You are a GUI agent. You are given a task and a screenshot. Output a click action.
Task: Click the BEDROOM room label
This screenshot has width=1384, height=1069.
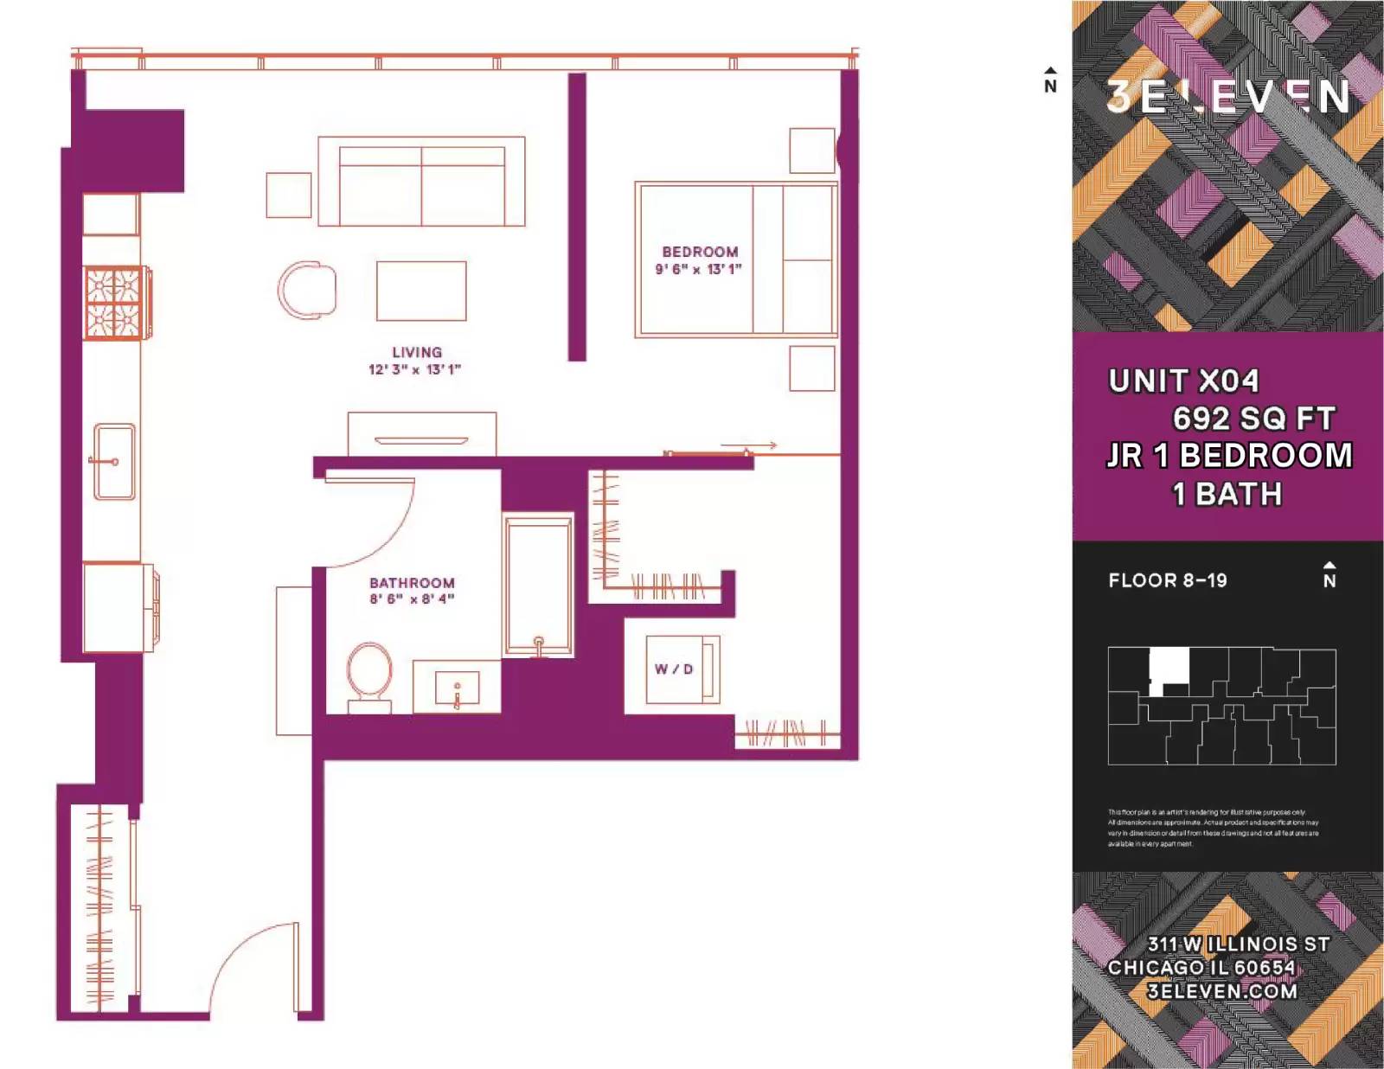(x=700, y=252)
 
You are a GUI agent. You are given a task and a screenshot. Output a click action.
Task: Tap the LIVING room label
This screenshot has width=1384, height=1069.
(x=416, y=352)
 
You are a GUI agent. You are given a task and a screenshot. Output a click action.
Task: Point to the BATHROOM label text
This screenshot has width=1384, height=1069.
(x=412, y=583)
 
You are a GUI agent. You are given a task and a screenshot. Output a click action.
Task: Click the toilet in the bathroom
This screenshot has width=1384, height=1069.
(x=369, y=675)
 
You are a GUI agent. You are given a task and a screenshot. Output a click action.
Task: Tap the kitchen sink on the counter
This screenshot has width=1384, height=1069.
(x=114, y=462)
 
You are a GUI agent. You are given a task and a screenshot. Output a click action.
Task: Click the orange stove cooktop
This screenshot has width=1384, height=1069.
(x=113, y=303)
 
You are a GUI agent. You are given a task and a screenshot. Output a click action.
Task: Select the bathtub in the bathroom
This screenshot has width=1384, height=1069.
(x=538, y=585)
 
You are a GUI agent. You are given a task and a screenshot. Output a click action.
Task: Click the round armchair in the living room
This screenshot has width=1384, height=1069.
(x=308, y=290)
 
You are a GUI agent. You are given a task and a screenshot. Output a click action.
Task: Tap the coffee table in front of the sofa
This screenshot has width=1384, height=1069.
(x=421, y=291)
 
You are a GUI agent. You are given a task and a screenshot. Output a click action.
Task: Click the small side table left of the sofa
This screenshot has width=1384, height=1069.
(x=289, y=195)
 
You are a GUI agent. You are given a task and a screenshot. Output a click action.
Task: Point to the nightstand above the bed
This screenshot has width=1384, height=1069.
(x=811, y=150)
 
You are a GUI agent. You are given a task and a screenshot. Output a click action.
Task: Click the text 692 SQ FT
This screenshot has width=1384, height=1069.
(x=1253, y=419)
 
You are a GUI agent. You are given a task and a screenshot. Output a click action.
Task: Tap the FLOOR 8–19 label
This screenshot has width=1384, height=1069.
(x=1167, y=580)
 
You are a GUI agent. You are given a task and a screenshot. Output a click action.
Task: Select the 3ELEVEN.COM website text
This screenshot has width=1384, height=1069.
(x=1221, y=991)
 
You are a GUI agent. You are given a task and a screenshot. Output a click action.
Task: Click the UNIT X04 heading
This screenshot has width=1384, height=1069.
(x=1183, y=381)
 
